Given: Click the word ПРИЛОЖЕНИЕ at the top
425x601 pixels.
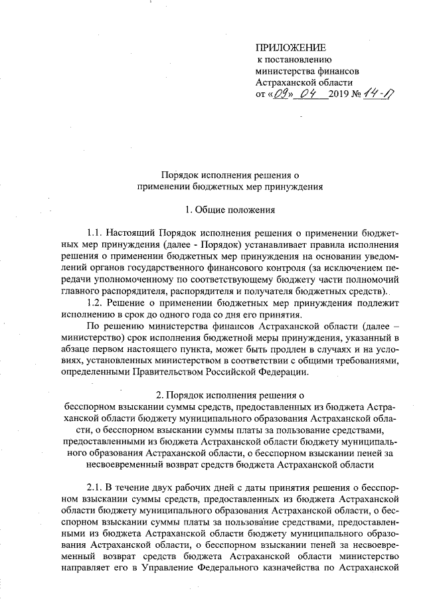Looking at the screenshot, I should click(291, 47).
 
